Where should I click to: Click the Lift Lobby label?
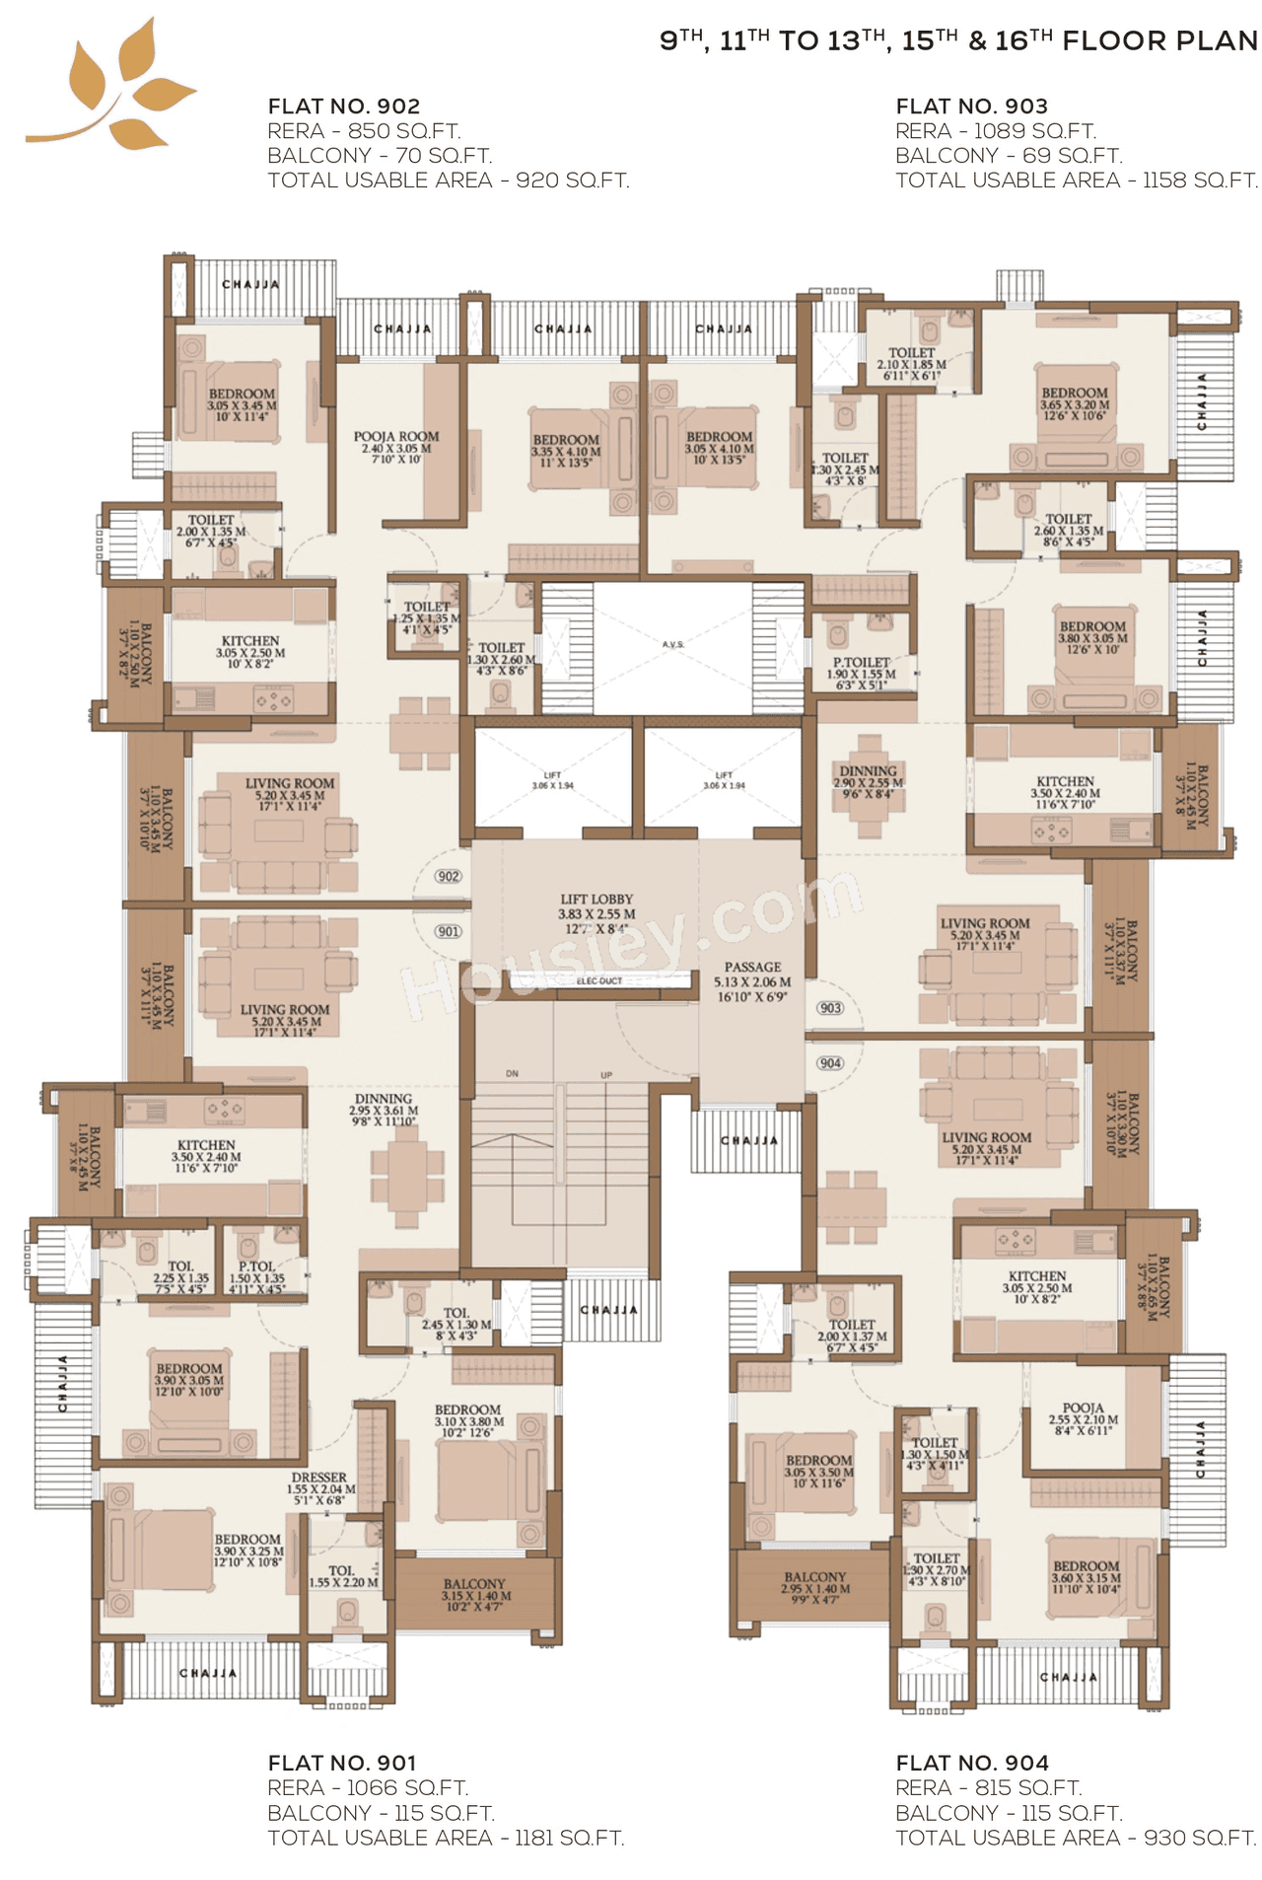596,913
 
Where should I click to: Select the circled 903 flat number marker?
830,1008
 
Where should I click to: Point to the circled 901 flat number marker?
449,931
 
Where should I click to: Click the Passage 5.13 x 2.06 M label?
752,981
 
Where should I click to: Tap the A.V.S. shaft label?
672,644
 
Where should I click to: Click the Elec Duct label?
599,981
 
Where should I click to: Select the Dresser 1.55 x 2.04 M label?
319,1488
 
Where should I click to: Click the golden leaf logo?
113,87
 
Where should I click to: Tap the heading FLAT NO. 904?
971,1763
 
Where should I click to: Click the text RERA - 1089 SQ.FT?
995,131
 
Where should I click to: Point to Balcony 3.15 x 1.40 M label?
475,1594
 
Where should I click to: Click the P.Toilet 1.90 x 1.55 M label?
861,673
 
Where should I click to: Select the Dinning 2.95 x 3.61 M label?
384,1110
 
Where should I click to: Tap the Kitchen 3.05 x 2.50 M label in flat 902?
250,652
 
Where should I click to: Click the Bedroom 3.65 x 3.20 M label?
1074,403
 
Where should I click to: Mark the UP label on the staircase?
606,1075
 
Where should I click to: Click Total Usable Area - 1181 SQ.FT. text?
446,1838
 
